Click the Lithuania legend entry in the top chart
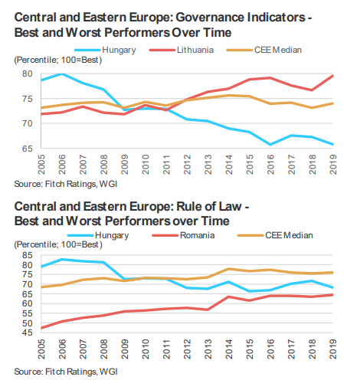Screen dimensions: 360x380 point(182,50)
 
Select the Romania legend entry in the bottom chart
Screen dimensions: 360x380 point(183,235)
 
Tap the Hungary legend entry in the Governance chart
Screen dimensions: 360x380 point(105,50)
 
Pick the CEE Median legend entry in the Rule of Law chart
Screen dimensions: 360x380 point(275,235)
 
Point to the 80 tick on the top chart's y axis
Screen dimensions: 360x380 point(28,74)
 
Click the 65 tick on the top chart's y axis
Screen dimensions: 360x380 point(28,149)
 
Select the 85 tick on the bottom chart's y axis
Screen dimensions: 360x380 point(28,255)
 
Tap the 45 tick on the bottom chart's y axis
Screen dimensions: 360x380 point(28,332)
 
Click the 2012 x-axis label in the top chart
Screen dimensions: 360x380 point(188,165)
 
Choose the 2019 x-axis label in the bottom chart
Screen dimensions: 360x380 point(333,349)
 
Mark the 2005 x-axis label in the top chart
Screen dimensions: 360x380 point(41,165)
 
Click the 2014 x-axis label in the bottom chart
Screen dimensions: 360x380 point(229,349)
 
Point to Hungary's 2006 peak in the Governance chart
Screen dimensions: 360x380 point(62,74)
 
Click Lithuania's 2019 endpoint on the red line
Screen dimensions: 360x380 point(332,76)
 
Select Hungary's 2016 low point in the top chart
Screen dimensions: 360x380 point(270,145)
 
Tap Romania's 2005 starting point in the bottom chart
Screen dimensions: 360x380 point(41,328)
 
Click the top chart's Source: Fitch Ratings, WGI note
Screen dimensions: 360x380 point(66,184)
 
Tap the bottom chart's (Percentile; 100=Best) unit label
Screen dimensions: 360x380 point(58,244)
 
